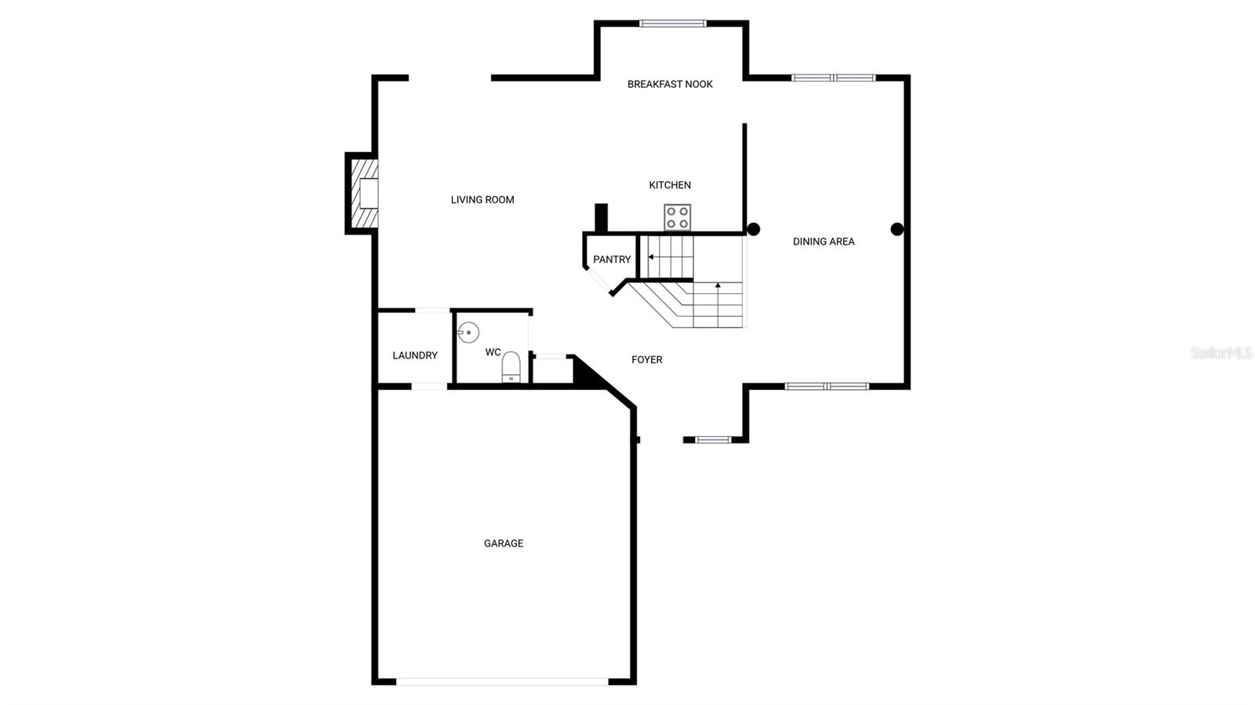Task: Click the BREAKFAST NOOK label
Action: [x=670, y=85]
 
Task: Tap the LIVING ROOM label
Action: [x=482, y=200]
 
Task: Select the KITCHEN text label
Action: [x=670, y=185]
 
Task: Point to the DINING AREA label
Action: [x=824, y=242]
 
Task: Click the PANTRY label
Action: [x=612, y=260]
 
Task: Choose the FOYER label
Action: [x=647, y=360]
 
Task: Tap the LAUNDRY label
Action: [x=415, y=356]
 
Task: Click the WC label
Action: [x=493, y=353]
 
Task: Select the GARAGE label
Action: [x=504, y=543]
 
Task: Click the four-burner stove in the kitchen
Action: [x=678, y=217]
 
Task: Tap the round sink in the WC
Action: [x=468, y=333]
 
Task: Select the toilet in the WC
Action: [x=511, y=367]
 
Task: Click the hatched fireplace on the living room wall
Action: [x=363, y=193]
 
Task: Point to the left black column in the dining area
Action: [x=753, y=230]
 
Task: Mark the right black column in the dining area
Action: [x=897, y=230]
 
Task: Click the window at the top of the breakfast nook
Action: [x=673, y=24]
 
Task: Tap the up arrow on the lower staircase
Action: [x=718, y=287]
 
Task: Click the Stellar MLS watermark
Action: [x=1220, y=354]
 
